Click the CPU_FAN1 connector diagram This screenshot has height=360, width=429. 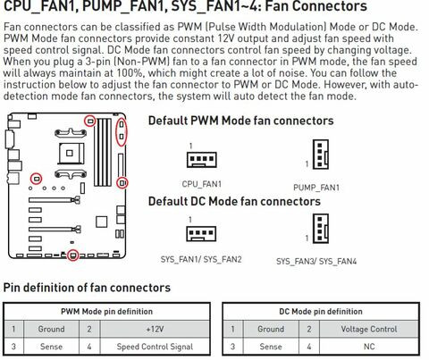point(202,159)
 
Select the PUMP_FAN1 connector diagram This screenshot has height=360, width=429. point(321,155)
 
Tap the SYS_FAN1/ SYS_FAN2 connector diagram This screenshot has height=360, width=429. point(201,233)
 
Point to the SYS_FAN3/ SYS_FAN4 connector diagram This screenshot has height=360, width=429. point(321,229)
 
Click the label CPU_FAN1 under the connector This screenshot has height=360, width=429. point(202,184)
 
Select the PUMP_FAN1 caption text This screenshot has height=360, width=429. point(316,188)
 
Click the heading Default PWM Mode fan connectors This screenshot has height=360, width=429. point(240,121)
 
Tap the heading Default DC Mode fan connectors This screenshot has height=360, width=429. point(234,201)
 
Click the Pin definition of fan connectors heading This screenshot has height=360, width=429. point(87,288)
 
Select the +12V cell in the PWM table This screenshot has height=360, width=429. point(155,329)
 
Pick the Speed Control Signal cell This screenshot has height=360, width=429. point(155,347)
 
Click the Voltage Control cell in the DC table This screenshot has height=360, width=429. point(369,329)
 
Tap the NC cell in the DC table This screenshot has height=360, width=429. point(369,347)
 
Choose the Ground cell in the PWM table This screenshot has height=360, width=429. point(51,329)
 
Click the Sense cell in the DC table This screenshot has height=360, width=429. point(271,347)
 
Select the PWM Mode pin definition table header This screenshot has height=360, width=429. point(106,312)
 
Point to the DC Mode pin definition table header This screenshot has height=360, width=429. point(321,312)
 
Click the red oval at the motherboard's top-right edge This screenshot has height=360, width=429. point(115,131)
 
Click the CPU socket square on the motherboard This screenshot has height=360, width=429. point(71,153)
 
